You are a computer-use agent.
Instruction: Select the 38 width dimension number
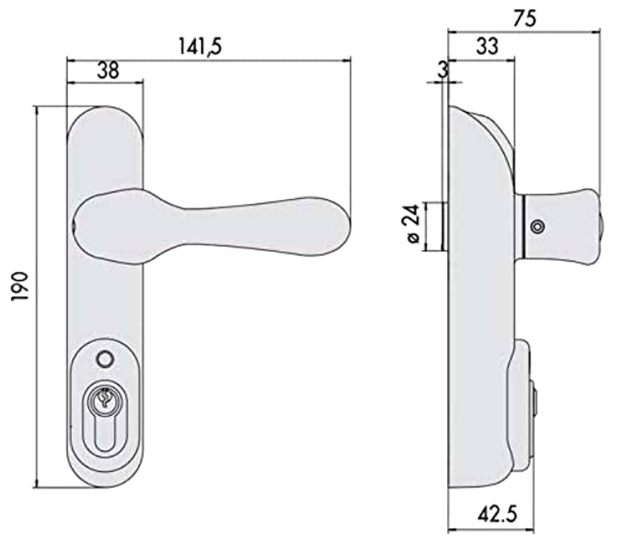(x=108, y=70)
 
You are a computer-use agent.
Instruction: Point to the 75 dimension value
(x=525, y=19)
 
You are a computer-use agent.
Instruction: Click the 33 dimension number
(x=487, y=46)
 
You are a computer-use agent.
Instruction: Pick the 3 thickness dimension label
(x=443, y=70)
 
